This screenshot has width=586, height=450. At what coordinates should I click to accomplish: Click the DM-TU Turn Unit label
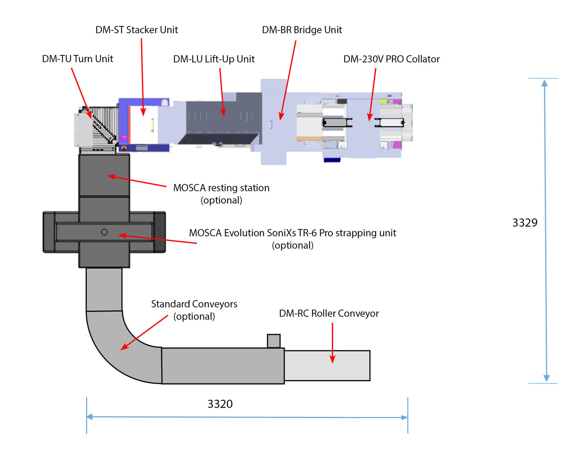(x=77, y=59)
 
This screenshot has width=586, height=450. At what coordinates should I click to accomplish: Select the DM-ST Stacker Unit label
(x=137, y=30)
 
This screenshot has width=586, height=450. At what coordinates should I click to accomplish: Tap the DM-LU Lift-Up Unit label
(x=214, y=59)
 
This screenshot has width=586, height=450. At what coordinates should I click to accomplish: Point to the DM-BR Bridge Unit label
(x=302, y=30)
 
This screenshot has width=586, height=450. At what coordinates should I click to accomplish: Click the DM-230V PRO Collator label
(x=391, y=59)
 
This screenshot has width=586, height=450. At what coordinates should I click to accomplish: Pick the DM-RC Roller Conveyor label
(x=329, y=313)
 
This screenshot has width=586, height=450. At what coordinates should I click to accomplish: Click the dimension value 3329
(x=524, y=222)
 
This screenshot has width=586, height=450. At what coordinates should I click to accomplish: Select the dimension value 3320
(x=220, y=404)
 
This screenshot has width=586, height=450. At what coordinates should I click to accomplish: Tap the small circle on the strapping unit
(x=104, y=232)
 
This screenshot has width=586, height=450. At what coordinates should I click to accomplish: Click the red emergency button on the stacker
(x=124, y=148)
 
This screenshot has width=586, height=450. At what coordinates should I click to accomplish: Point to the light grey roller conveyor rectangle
(x=327, y=366)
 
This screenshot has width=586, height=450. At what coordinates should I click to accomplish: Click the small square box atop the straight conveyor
(x=274, y=341)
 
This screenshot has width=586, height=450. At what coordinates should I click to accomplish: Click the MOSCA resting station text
(x=221, y=188)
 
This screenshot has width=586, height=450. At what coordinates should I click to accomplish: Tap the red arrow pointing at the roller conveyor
(x=332, y=343)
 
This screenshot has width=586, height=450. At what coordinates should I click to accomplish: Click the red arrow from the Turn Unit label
(x=81, y=93)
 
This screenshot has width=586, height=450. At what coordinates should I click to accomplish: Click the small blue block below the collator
(x=332, y=160)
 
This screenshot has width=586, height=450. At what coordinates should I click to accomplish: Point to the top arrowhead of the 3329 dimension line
(x=545, y=83)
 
